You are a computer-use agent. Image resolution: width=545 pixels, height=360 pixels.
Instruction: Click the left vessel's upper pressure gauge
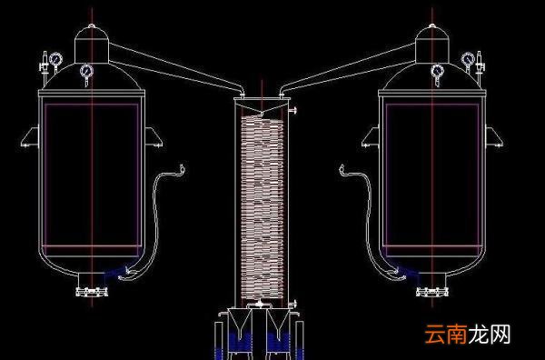click(55, 59)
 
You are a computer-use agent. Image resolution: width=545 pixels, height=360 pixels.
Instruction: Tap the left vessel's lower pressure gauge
click(86, 71)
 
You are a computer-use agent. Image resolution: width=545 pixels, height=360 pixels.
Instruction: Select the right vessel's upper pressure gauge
click(468, 59)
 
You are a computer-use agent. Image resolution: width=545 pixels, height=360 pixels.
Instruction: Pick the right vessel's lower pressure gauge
click(438, 71)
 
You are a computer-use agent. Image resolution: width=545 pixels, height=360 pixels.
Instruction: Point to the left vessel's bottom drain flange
click(92, 292)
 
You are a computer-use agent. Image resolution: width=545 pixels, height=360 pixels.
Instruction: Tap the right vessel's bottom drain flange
click(432, 292)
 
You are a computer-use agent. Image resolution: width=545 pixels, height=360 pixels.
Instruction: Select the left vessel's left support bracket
click(30, 137)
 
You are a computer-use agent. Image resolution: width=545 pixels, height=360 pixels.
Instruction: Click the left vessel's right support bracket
click(154, 137)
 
